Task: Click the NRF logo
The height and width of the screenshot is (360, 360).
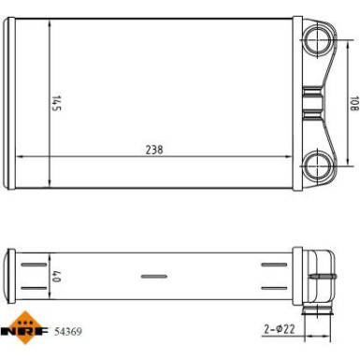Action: [25, 327]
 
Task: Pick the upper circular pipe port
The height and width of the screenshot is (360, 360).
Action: [317, 38]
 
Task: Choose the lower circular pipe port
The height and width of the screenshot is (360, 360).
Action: [317, 167]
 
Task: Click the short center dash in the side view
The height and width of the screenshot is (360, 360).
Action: [151, 276]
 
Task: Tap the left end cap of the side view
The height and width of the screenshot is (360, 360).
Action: [11, 275]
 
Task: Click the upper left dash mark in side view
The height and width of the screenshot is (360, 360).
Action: [31, 266]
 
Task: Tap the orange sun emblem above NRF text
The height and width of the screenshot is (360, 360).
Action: [25, 317]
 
